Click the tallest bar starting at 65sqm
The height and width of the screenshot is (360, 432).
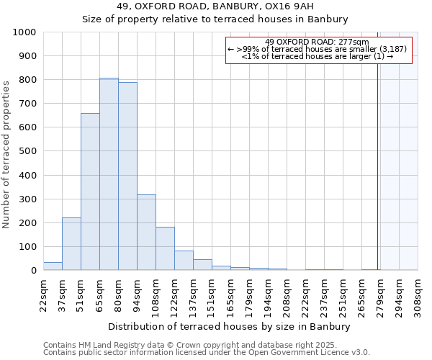click(x=109, y=174)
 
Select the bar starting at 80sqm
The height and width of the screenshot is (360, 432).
click(x=127, y=176)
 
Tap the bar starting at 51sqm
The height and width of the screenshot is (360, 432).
click(x=90, y=192)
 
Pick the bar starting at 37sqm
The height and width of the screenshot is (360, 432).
click(x=71, y=244)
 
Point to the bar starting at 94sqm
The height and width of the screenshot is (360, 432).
click(x=146, y=233)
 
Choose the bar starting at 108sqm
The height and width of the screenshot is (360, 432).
click(x=165, y=249)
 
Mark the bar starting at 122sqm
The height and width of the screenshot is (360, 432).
click(x=184, y=261)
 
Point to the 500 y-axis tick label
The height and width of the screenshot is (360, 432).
click(x=27, y=151)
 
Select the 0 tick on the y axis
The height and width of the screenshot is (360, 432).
click(x=33, y=271)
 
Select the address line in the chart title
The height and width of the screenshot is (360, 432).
click(x=215, y=6)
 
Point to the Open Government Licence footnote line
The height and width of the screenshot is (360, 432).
click(x=207, y=353)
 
